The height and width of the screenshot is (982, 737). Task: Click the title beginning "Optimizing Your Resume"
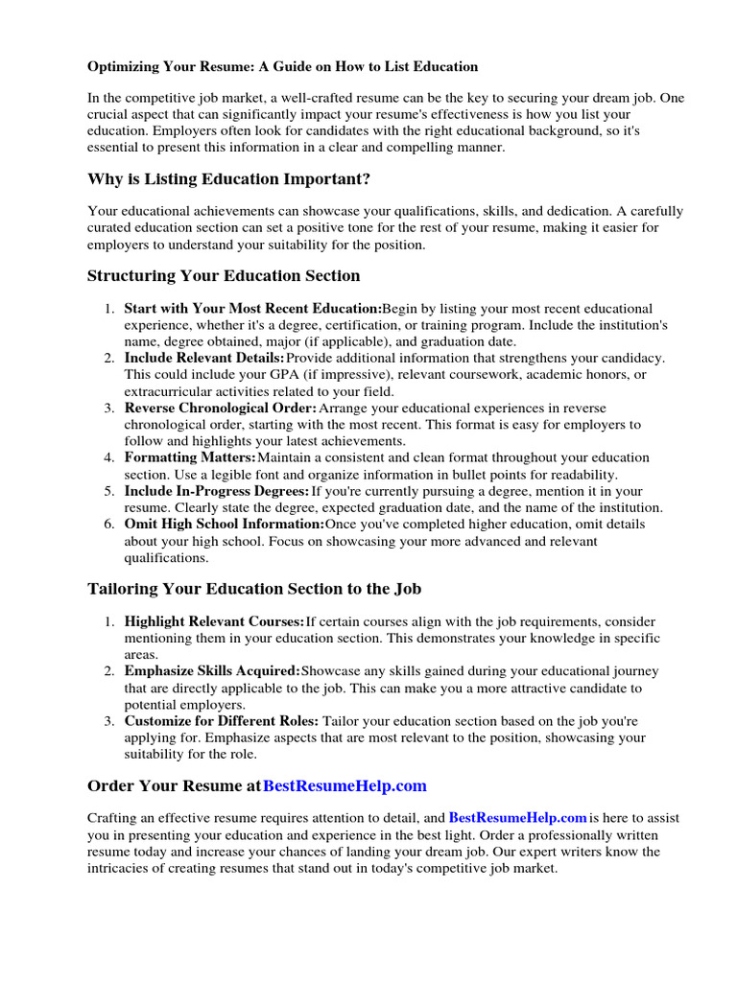tap(282, 67)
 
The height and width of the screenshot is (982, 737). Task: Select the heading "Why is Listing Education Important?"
tap(228, 179)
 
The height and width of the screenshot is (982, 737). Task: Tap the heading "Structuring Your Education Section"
tap(224, 276)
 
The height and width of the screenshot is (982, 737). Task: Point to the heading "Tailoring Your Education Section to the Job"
tap(254, 589)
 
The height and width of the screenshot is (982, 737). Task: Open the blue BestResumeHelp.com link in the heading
tap(345, 786)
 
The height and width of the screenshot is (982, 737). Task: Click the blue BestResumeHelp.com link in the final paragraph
tap(517, 818)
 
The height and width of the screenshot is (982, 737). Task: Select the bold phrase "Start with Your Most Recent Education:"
tap(252, 309)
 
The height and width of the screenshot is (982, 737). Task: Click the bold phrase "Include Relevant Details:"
tap(204, 358)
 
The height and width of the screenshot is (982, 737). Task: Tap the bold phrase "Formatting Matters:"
tap(190, 457)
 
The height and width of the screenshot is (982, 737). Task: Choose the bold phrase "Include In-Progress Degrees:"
tap(217, 491)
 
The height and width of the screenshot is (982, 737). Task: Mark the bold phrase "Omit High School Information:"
tap(225, 525)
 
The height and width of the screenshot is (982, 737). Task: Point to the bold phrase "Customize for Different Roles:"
tap(222, 721)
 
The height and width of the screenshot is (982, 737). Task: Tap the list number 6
tap(108, 525)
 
